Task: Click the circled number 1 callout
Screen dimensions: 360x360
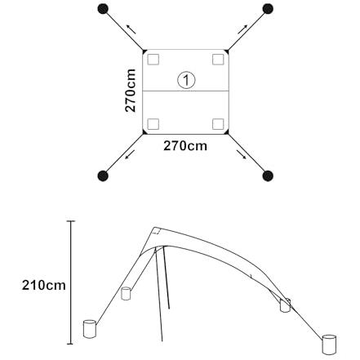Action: click(x=186, y=80)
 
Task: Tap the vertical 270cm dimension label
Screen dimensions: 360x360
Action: click(x=131, y=91)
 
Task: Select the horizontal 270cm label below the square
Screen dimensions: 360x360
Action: click(x=185, y=146)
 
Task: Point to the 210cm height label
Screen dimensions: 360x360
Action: click(x=44, y=286)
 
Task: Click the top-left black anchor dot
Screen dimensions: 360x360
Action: click(x=103, y=9)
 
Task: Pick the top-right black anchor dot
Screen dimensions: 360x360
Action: click(x=268, y=9)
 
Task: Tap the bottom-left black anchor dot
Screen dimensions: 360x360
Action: click(x=103, y=176)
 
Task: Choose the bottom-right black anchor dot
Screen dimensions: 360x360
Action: click(x=268, y=176)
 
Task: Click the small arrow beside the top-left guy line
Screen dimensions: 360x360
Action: click(x=131, y=29)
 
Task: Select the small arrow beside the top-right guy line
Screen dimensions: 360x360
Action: click(x=242, y=29)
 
